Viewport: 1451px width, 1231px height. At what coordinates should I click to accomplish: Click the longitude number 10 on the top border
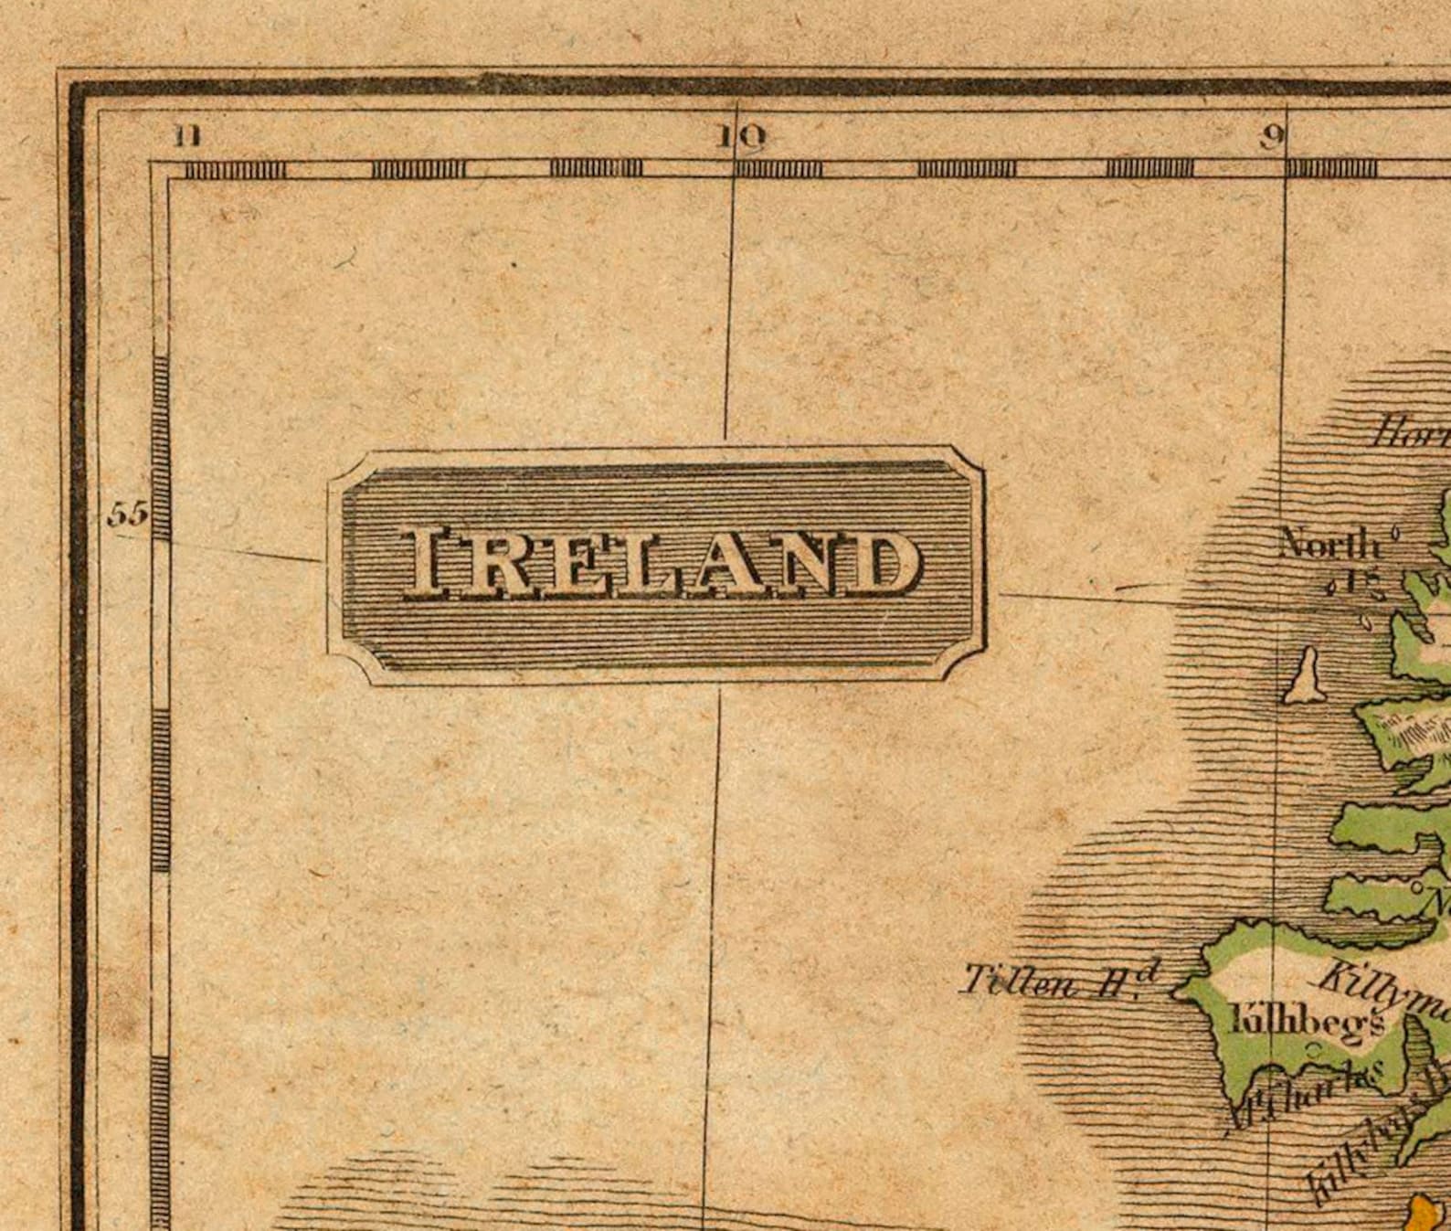click(x=740, y=137)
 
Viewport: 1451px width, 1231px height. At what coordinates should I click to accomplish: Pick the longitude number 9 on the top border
click(x=1271, y=137)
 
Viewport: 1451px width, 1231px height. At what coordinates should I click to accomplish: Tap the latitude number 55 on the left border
click(x=127, y=515)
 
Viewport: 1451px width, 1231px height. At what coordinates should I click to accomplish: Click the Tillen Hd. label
click(x=1060, y=981)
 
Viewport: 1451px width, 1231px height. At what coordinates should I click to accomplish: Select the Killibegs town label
click(x=1307, y=1020)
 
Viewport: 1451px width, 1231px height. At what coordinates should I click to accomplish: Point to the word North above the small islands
click(x=1329, y=545)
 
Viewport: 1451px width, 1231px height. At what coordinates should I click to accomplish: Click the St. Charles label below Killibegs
click(x=1307, y=1093)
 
